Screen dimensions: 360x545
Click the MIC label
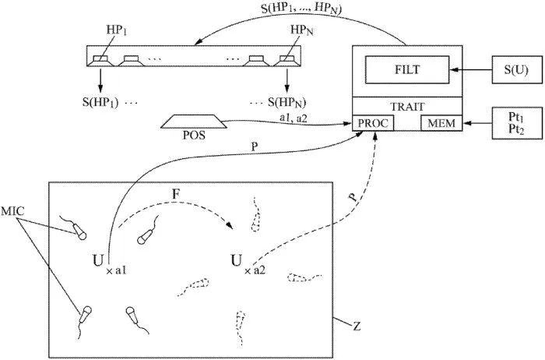coord(14,210)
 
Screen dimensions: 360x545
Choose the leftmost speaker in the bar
coord(101,58)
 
